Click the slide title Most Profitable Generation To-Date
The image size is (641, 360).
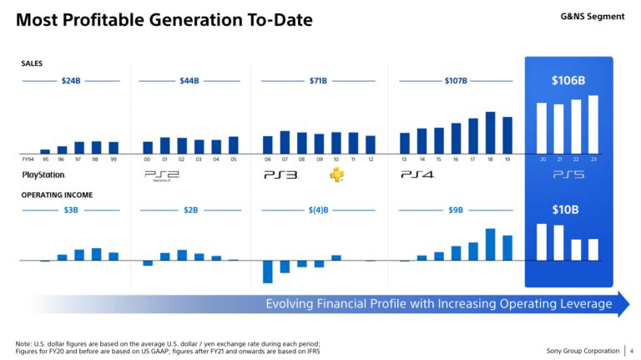click(164, 19)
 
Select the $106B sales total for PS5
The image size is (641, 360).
click(568, 81)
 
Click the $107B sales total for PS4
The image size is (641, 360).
click(456, 81)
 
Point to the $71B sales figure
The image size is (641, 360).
click(318, 81)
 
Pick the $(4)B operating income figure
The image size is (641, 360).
click(318, 210)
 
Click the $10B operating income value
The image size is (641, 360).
click(568, 209)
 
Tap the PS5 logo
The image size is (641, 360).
click(568, 175)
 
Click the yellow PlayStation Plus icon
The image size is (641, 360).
click(336, 175)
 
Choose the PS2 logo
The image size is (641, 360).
click(162, 175)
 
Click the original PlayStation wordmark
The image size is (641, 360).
click(43, 175)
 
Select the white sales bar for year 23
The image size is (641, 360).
click(593, 124)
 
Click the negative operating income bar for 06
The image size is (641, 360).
click(268, 271)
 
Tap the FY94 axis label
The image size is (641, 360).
click(28, 159)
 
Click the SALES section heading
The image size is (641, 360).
click(32, 63)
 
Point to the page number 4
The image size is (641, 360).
click(632, 350)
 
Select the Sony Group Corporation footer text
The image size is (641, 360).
click(582, 350)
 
